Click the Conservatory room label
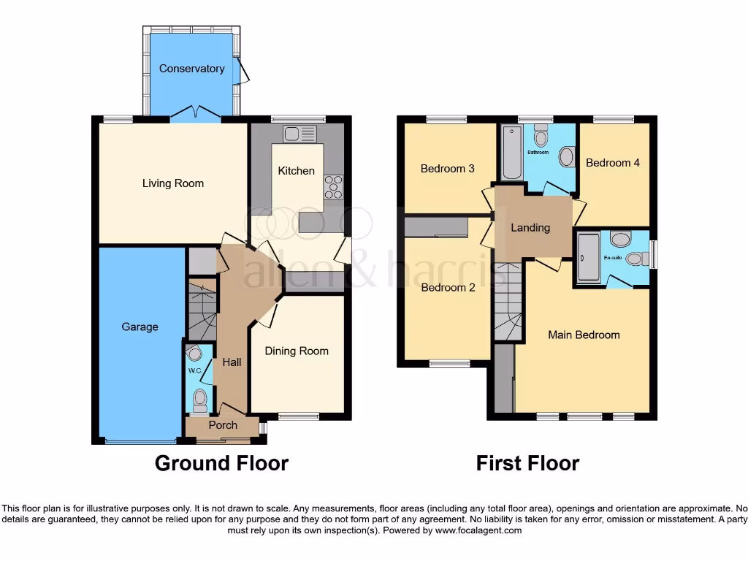coord(191,69)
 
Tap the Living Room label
coord(173,183)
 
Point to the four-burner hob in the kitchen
coord(334,186)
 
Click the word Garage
coord(140,327)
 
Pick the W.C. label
coord(194,370)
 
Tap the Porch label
coord(223,425)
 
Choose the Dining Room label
coord(297,351)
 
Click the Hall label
coord(232,362)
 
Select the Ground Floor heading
coord(221,463)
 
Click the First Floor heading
coord(527,463)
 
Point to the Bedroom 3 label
coord(448,168)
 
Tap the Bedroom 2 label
coord(448,287)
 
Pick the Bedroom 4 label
coord(613,162)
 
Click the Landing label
coord(530,227)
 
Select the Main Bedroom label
coord(584,335)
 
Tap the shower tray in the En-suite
coord(587,257)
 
